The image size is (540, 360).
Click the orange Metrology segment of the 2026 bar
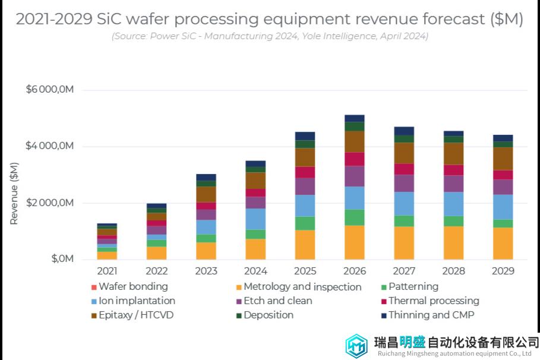tap(354, 242)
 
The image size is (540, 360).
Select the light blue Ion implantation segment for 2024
tap(255, 219)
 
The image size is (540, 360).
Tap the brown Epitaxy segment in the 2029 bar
tap(503, 159)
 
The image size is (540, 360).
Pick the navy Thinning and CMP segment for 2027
tap(404, 131)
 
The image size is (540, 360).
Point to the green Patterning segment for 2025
tap(305, 223)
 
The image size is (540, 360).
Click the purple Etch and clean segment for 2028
tap(453, 184)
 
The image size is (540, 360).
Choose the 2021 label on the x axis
tap(107, 271)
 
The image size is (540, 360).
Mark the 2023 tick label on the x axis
tap(206, 271)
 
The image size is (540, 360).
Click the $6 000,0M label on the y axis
tap(49, 90)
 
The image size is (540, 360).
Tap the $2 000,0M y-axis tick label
tap(49, 203)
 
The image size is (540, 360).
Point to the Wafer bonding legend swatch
tap(93, 287)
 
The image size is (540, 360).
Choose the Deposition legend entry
tap(269, 315)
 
